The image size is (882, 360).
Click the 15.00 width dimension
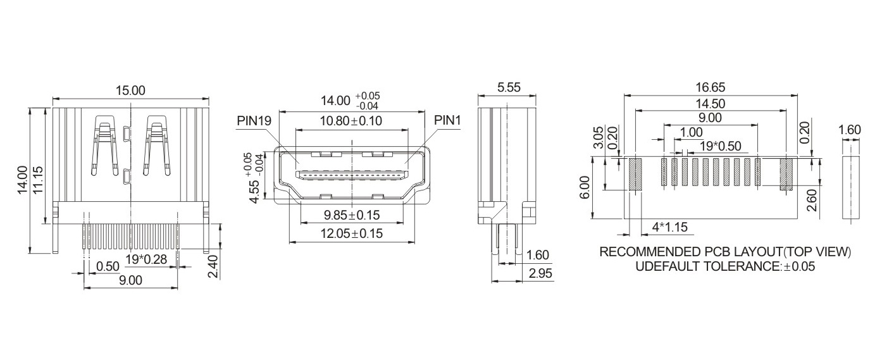(x=130, y=90)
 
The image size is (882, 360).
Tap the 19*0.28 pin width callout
(x=146, y=259)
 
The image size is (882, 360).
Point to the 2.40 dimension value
(x=213, y=266)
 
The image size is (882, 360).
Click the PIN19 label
(x=254, y=120)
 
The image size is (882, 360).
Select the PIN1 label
(x=447, y=120)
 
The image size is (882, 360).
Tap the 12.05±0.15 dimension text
(x=352, y=233)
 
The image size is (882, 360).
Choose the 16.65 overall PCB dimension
(x=711, y=87)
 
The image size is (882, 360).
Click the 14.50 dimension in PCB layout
(x=711, y=104)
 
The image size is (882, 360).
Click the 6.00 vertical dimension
(x=585, y=187)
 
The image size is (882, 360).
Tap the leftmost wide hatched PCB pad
(x=635, y=173)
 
